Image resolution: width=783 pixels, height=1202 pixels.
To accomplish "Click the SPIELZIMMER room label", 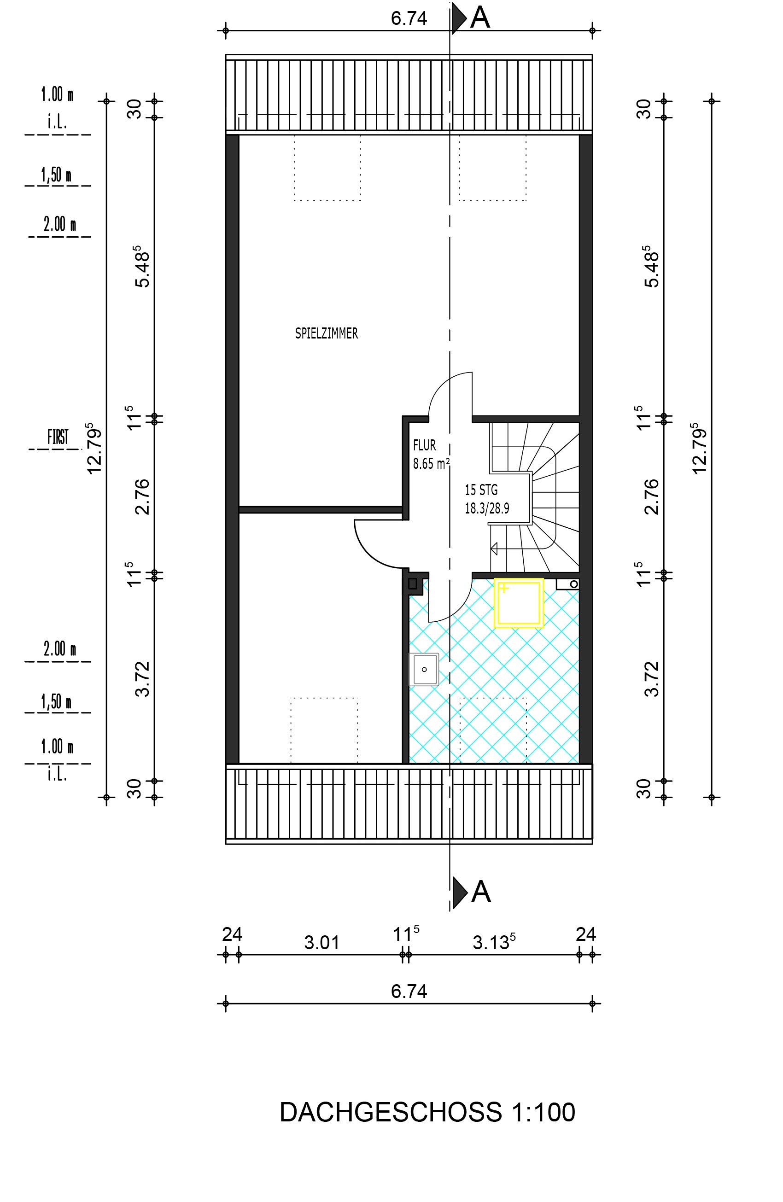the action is (x=327, y=333).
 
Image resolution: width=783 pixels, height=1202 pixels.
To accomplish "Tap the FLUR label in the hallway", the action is (x=424, y=445).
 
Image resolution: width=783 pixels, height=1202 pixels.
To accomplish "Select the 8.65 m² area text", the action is (x=432, y=463).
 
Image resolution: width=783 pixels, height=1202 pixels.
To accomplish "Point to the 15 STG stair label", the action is (x=481, y=490).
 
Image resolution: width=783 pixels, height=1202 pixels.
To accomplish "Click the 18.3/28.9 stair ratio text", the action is (x=487, y=508).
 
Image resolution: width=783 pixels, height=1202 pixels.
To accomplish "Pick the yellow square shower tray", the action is (x=519, y=603).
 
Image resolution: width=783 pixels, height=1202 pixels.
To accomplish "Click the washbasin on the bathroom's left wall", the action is (x=424, y=669).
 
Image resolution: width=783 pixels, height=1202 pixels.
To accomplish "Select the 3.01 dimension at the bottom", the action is (x=322, y=942).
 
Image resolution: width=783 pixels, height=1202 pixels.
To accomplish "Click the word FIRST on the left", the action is (x=58, y=437).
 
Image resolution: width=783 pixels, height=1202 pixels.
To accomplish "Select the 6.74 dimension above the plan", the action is (x=409, y=18).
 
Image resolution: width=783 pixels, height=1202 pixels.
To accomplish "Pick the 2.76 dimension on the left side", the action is (x=143, y=496).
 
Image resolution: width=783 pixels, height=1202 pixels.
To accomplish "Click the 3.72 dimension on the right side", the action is (x=652, y=679).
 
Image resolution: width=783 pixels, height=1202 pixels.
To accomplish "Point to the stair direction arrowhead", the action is (x=494, y=548).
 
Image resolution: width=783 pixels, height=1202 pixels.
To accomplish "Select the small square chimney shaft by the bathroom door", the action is (x=413, y=584).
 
